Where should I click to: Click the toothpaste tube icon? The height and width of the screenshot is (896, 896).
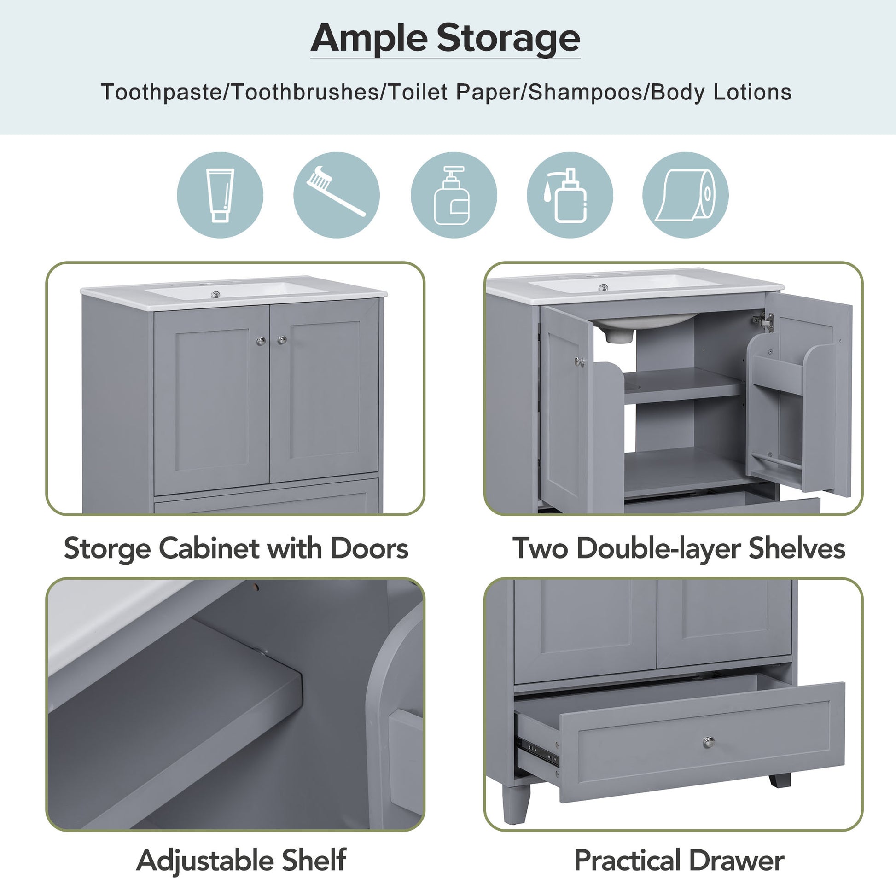click(220, 195)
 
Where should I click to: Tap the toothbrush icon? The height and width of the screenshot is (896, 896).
click(336, 195)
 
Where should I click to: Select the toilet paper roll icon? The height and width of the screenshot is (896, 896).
click(686, 195)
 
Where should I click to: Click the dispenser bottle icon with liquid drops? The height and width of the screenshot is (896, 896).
click(570, 195)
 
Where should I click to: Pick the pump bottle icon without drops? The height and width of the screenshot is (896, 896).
click(453, 195)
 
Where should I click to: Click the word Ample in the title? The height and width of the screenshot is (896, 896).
click(368, 39)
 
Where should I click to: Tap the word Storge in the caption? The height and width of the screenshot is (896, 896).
click(107, 549)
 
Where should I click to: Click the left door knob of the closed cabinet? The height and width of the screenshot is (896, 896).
click(261, 341)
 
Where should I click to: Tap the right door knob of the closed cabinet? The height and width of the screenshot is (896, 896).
click(281, 340)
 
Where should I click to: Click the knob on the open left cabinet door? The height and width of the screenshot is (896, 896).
click(579, 361)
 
